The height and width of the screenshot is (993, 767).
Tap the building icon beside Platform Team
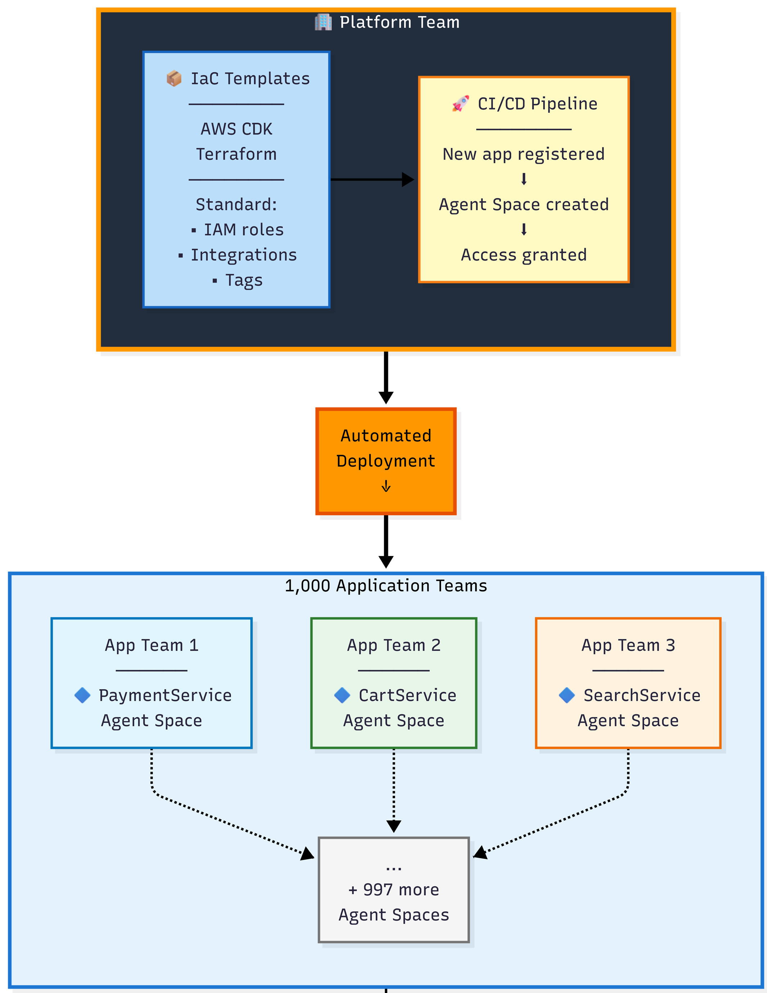tap(323, 22)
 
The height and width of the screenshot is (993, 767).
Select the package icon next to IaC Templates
tap(173, 79)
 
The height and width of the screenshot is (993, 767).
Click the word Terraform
tap(236, 154)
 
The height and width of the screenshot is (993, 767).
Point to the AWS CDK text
tap(236, 129)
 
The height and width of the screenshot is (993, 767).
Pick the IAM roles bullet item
tap(243, 230)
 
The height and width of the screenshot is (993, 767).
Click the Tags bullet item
tap(244, 280)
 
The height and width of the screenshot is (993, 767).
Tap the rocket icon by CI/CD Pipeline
tap(460, 104)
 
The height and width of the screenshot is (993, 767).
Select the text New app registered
tap(523, 154)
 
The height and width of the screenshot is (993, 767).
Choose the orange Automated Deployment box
tap(386, 461)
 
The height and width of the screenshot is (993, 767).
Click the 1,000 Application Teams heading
tap(386, 586)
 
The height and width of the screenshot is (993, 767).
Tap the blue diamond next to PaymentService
tap(82, 695)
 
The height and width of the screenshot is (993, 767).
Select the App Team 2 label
tap(394, 645)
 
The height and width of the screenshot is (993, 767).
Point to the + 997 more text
tap(394, 890)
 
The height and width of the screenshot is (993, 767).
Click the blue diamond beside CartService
tap(342, 695)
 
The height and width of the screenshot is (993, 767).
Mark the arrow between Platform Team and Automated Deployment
tap(386, 378)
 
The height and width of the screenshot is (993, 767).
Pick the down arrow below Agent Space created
tap(523, 230)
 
